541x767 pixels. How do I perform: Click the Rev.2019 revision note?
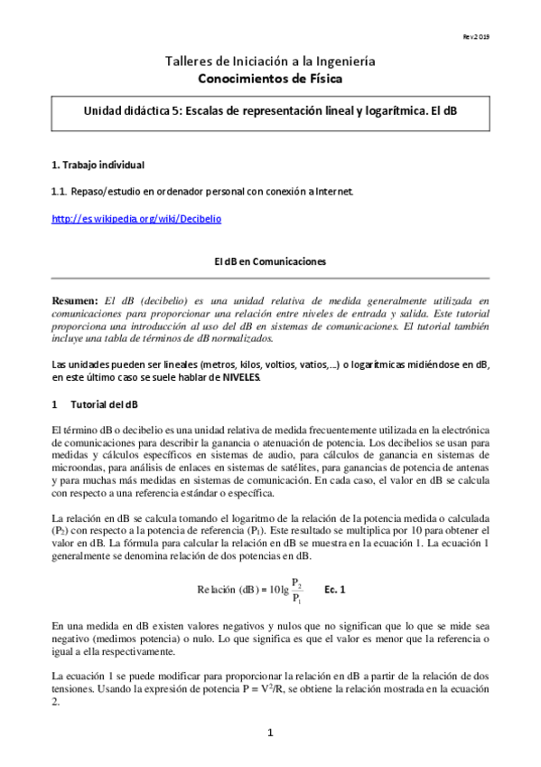(x=502, y=35)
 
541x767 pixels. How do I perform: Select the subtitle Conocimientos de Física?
(x=270, y=79)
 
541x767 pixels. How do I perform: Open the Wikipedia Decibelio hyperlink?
(x=136, y=218)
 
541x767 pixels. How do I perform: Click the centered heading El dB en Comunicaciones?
(x=270, y=261)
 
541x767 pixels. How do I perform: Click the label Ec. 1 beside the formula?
(x=335, y=588)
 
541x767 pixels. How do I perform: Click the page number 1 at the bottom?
(x=270, y=732)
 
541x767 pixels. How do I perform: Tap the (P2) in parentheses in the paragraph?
(x=61, y=528)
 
